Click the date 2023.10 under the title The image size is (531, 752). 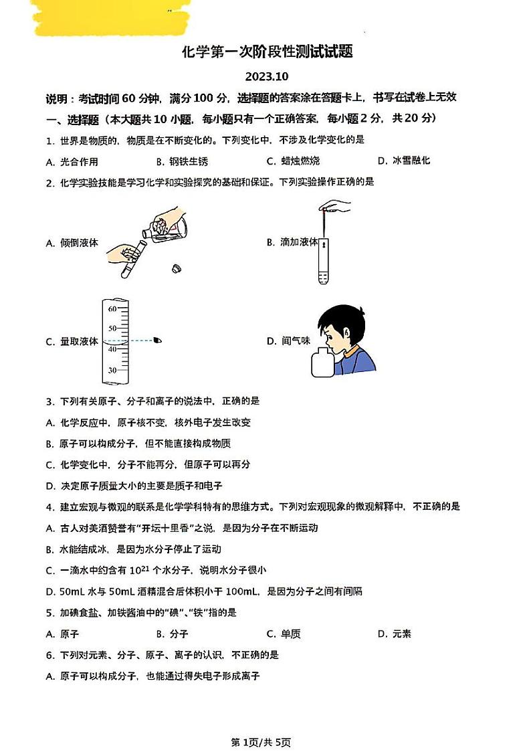pyautogui.click(x=266, y=76)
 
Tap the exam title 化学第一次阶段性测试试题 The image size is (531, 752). pyautogui.click(x=267, y=52)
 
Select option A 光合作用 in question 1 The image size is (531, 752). pyautogui.click(x=72, y=161)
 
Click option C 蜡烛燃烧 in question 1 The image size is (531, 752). pyautogui.click(x=293, y=161)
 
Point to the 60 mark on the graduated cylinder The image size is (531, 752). pyautogui.click(x=112, y=309)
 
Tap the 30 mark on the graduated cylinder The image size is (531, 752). pyautogui.click(x=112, y=370)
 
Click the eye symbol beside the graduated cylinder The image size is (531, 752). pyautogui.click(x=158, y=341)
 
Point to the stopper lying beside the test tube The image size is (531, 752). pyautogui.click(x=177, y=269)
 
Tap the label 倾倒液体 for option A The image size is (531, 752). pyautogui.click(x=72, y=243)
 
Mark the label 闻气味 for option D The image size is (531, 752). pyautogui.click(x=289, y=341)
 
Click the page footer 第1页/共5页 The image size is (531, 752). pyautogui.click(x=261, y=742)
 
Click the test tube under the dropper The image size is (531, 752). pyautogui.click(x=324, y=261)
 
